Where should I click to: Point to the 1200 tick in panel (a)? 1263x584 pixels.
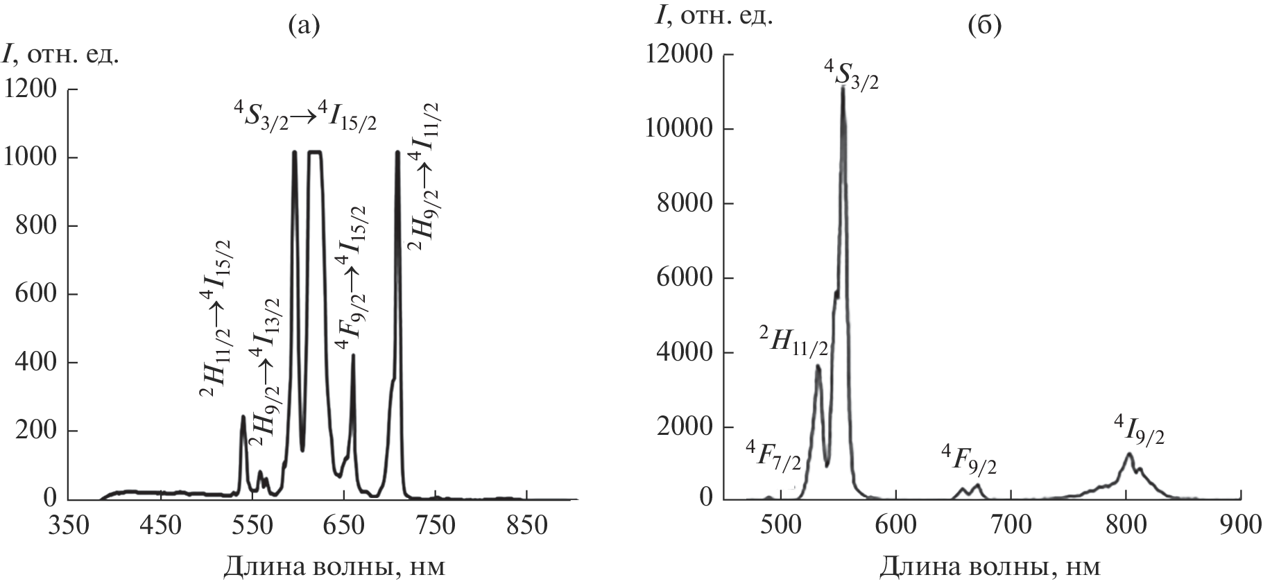[33, 89]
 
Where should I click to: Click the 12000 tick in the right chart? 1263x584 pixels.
[678, 54]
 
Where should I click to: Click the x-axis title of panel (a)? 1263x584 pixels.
[334, 567]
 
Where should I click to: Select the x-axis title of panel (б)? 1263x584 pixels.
[990, 567]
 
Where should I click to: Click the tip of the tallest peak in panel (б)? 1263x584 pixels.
[843, 87]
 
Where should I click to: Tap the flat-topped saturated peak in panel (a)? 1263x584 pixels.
[315, 152]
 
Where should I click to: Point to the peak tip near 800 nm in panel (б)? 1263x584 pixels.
[1129, 454]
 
